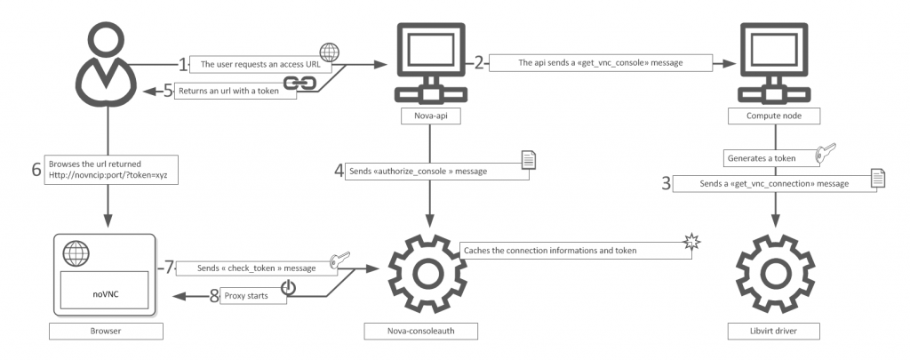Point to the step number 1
tap(184, 64)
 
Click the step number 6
tap(36, 170)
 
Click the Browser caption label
tap(107, 332)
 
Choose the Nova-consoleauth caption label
tap(430, 332)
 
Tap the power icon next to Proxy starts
tap(287, 289)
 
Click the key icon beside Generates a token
tap(826, 152)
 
